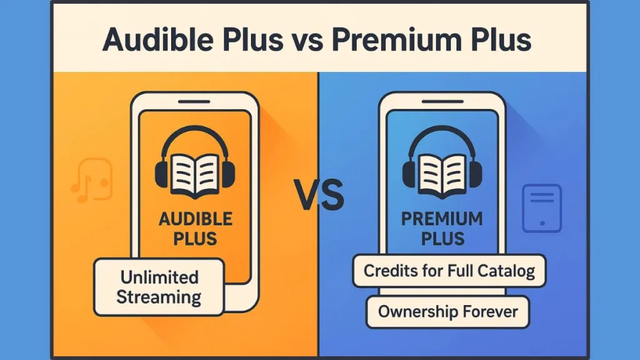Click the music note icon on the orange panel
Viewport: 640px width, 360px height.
pos(91,181)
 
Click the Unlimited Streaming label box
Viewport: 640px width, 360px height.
pos(159,287)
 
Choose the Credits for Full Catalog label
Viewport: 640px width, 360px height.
pos(449,271)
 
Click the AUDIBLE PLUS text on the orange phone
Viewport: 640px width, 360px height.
pos(196,228)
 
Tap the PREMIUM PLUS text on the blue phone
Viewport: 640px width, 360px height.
pos(442,228)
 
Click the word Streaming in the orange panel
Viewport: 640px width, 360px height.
pos(159,296)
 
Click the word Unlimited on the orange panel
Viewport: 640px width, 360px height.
pos(159,277)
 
